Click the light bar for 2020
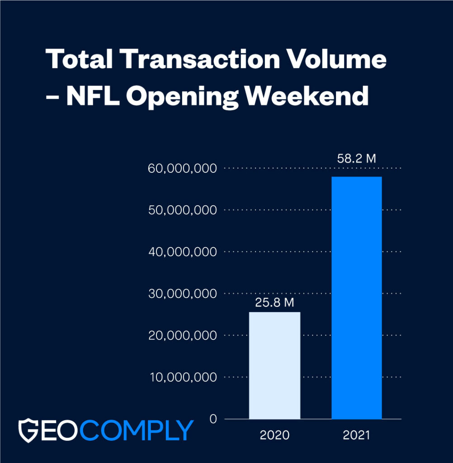pyautogui.click(x=274, y=365)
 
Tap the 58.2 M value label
pyautogui.click(x=357, y=159)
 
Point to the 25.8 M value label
pyautogui.click(x=274, y=302)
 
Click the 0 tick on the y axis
pyautogui.click(x=212, y=419)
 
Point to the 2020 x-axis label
pyautogui.click(x=274, y=436)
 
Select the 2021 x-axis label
pyautogui.click(x=357, y=436)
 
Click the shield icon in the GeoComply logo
pyautogui.click(x=28, y=430)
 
